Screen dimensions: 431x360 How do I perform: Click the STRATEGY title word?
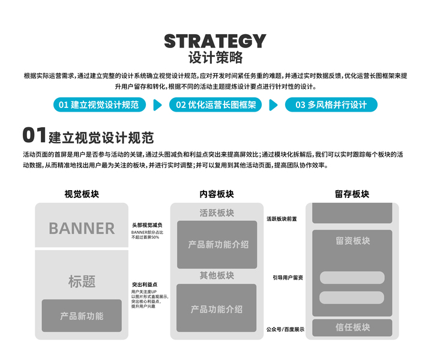[x=215, y=41]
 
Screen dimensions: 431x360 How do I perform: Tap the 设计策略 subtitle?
[x=215, y=58]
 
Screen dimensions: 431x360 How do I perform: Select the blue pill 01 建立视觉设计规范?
[x=98, y=104]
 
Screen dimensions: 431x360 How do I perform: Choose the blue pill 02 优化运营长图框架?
[x=216, y=104]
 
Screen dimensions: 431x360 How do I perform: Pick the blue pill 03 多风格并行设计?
[x=330, y=104]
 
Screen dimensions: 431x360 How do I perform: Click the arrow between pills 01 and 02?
[x=157, y=105]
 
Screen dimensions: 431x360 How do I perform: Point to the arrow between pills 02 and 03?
[x=273, y=105]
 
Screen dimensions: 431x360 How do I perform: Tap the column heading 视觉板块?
[x=82, y=194]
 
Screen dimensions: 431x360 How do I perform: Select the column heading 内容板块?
[x=217, y=194]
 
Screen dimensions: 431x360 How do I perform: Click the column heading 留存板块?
[x=352, y=194]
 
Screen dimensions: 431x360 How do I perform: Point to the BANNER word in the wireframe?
[x=82, y=228]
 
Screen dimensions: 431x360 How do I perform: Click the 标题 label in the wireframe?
[x=82, y=281]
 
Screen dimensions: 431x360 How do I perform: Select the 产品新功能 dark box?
[x=82, y=316]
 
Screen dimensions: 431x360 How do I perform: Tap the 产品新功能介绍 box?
[x=217, y=244]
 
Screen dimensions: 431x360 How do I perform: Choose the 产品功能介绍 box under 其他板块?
[x=217, y=308]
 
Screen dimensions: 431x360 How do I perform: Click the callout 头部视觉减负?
[x=147, y=224]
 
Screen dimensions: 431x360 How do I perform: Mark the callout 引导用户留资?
[x=288, y=278]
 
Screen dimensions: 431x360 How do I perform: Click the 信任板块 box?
[x=352, y=328]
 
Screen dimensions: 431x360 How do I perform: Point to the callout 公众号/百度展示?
[x=285, y=329]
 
